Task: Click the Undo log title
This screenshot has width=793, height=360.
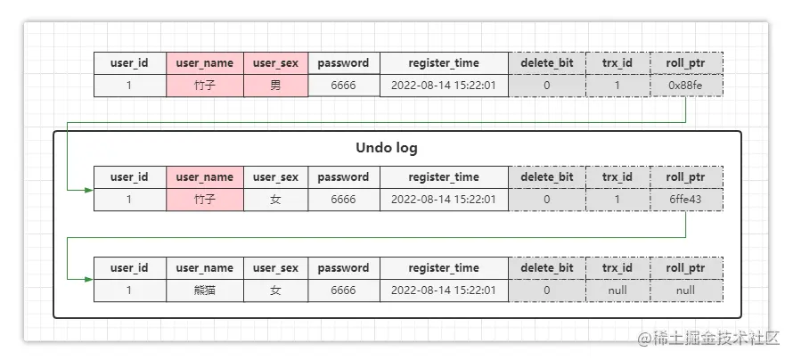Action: coord(387,148)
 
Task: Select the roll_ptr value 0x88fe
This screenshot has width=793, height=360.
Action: coord(685,86)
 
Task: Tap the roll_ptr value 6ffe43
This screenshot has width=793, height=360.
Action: coord(685,200)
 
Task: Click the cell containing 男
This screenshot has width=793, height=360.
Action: coord(275,86)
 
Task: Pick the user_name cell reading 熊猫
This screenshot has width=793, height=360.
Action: coord(205,290)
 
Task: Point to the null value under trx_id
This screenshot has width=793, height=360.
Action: coord(617,290)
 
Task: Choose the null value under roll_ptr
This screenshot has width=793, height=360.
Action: coord(685,290)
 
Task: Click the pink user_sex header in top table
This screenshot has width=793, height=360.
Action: coord(275,63)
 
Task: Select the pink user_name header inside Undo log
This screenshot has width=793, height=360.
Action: coord(205,177)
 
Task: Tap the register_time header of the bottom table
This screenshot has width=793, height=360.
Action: coord(444,268)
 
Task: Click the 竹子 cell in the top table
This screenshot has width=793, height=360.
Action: coord(205,86)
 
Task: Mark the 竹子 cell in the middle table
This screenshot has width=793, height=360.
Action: coord(205,200)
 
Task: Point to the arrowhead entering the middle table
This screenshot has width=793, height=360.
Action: coord(89,190)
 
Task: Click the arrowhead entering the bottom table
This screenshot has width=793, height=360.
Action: coord(89,279)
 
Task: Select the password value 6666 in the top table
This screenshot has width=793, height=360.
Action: coord(343,86)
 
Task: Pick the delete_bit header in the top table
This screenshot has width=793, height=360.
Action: coord(547,63)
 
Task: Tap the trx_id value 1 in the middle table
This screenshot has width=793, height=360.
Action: coord(617,200)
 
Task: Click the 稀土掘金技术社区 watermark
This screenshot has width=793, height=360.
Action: coord(708,339)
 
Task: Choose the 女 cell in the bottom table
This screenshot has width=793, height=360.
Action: coord(275,290)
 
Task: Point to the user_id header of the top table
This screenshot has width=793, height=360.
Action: coord(129,63)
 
